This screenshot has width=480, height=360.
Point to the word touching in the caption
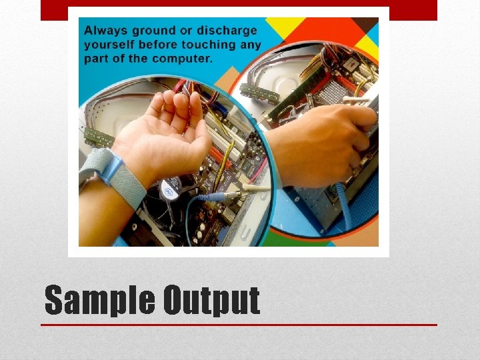click(200, 45)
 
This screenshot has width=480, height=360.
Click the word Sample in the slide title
click(99, 301)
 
